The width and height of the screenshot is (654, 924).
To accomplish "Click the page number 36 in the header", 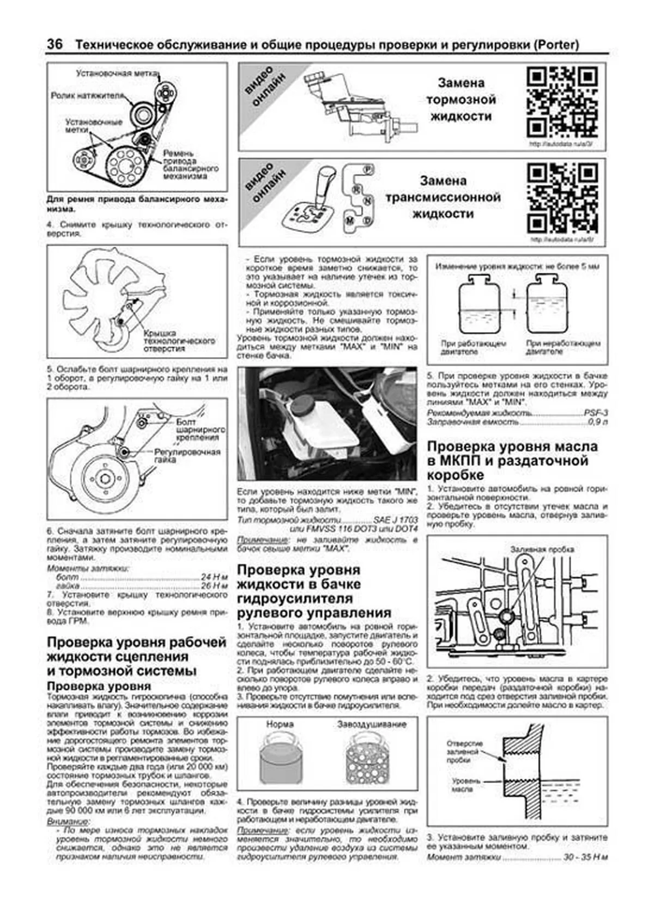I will (55, 45).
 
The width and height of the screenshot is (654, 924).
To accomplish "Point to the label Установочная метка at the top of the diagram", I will (117, 72).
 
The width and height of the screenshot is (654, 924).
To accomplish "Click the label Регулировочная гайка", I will (187, 455).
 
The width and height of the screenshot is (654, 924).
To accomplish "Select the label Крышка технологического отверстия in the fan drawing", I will (179, 340).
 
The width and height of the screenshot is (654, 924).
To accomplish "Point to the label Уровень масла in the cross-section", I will (465, 784).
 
